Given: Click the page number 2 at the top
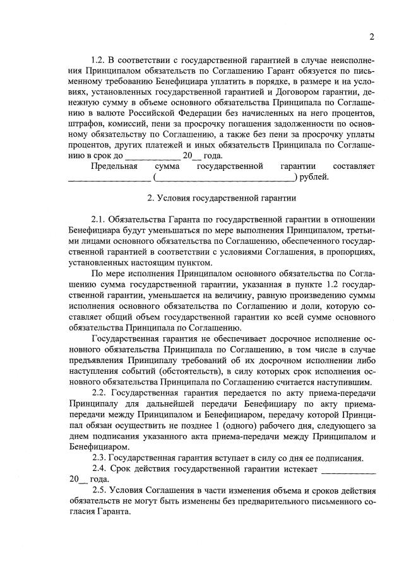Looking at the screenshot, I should pyautogui.click(x=372, y=37).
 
